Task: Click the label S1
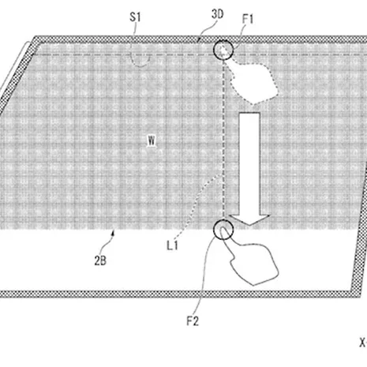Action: point(135,17)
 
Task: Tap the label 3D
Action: point(218,14)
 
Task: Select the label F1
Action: point(248,19)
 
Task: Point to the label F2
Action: point(193,321)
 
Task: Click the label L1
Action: point(172,245)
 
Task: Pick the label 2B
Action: point(100,261)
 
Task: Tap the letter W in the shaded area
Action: point(152,141)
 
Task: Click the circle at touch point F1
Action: point(223,40)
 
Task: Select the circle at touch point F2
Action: point(223,220)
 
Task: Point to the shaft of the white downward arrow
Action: point(249,164)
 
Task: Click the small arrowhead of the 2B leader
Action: point(114,232)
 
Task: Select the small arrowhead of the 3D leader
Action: point(199,39)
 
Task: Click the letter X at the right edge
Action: point(363,343)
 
